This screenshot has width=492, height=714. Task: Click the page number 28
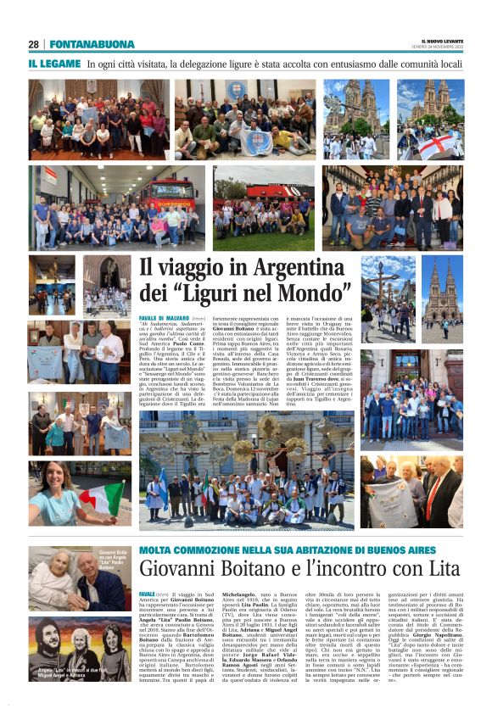click(x=33, y=44)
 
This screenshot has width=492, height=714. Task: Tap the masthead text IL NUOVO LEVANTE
click(x=443, y=41)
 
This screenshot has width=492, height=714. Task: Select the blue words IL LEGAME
click(x=55, y=64)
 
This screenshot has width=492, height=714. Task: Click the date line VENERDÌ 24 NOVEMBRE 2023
click(x=443, y=48)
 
